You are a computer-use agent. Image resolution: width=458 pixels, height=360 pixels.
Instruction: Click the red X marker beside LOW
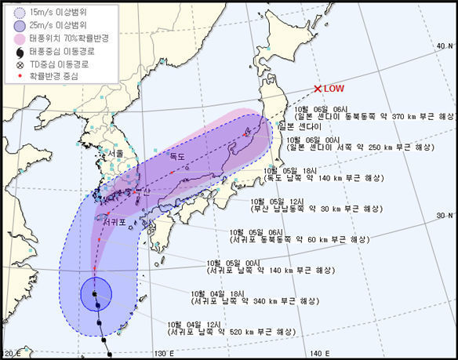(x=318, y=89)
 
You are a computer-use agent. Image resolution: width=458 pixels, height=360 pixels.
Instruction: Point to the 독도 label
(x=179, y=157)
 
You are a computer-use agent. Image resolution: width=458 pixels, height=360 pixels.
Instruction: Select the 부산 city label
(x=141, y=190)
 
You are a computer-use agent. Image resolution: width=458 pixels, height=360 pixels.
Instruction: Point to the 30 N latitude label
(x=445, y=214)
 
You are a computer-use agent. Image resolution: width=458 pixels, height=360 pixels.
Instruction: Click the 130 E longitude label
(x=162, y=354)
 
